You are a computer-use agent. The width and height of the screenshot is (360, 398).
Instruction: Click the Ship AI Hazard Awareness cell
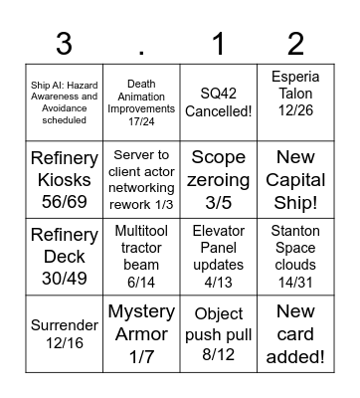64,102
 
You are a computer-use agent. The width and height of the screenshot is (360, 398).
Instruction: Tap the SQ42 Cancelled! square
219,102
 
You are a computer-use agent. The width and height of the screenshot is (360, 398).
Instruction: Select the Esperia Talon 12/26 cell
296,102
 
